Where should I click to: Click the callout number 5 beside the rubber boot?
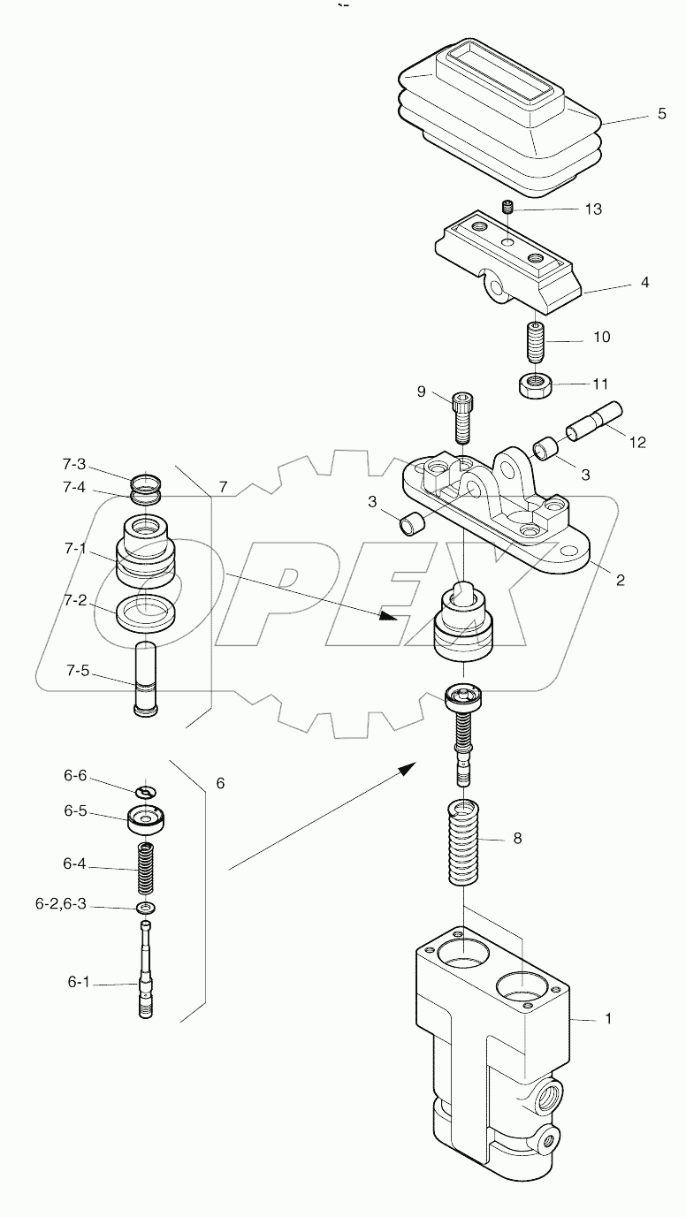(661, 115)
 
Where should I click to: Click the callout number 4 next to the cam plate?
(644, 283)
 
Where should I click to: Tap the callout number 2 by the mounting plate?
(620, 581)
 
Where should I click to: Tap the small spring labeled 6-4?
(145, 870)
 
